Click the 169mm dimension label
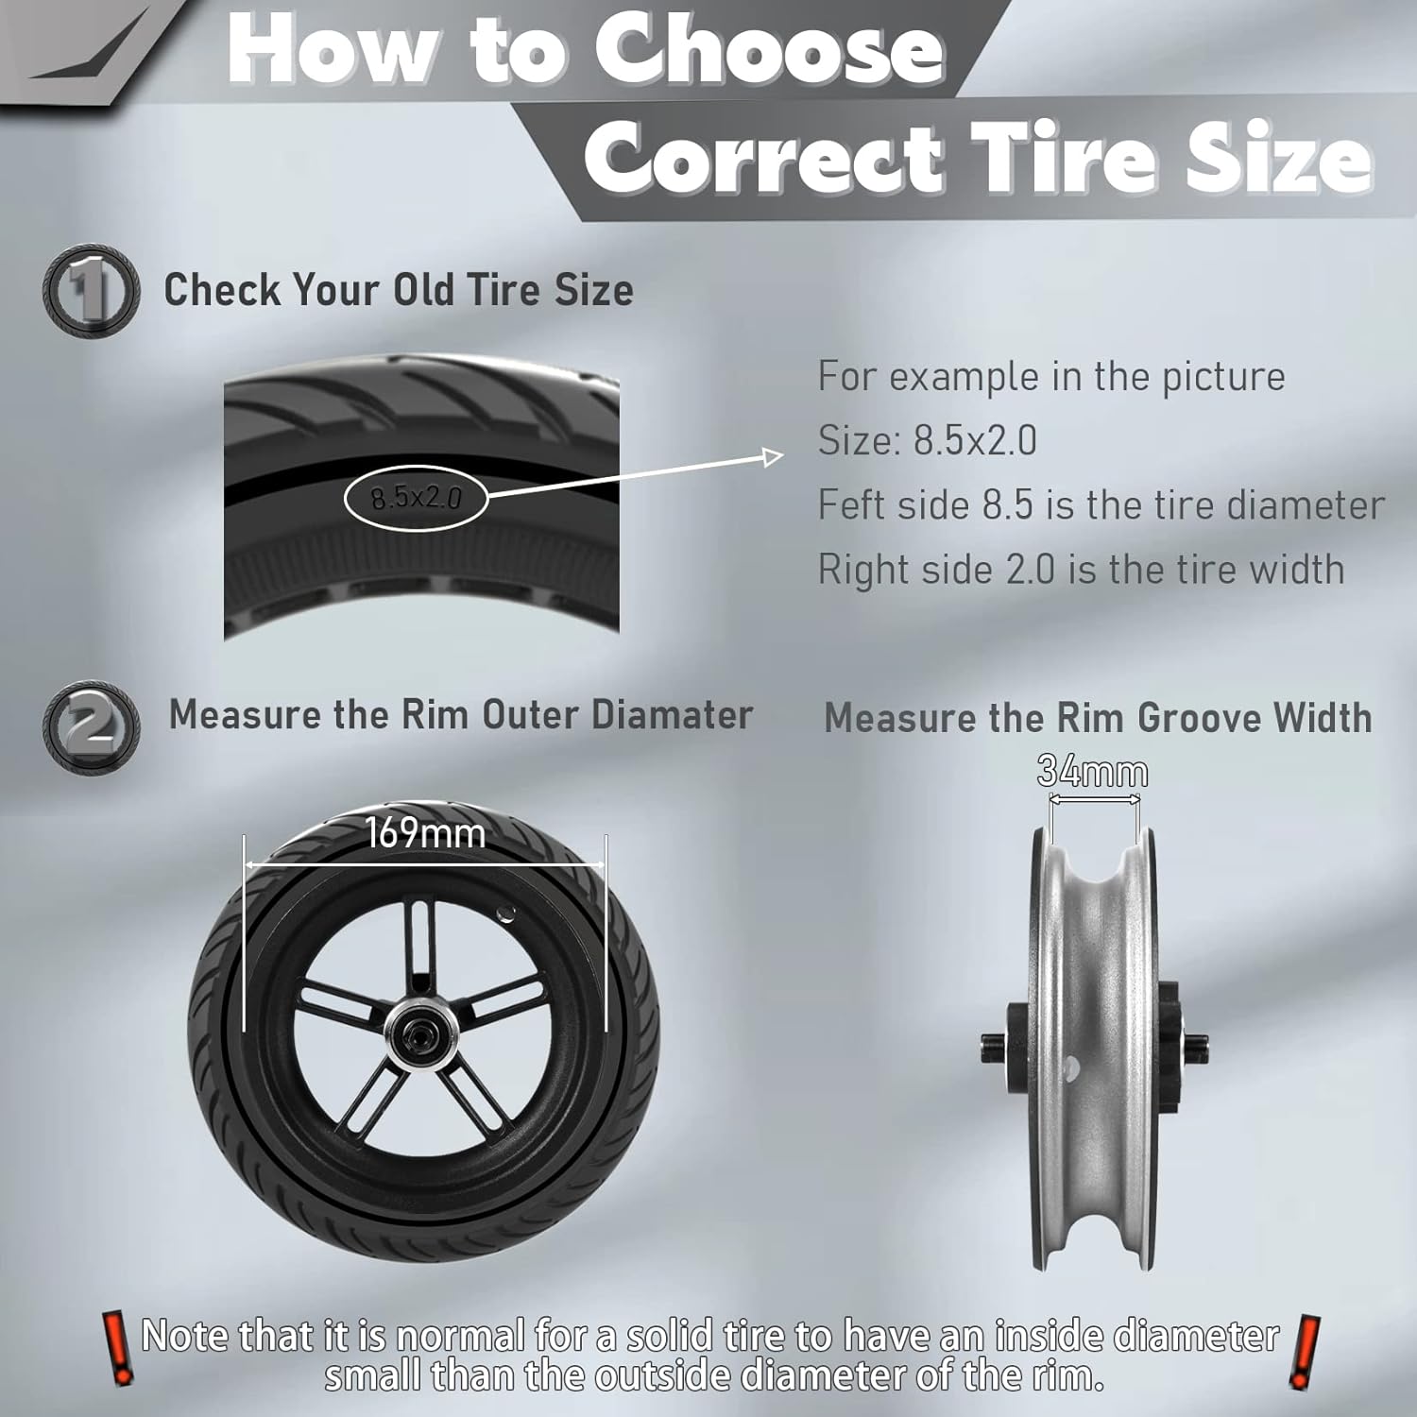click(425, 833)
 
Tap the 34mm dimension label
click(1093, 773)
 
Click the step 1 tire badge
click(91, 291)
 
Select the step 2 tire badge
click(91, 726)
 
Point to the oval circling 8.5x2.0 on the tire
click(416, 497)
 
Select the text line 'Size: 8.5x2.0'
click(927, 441)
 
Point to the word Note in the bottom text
click(184, 1336)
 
